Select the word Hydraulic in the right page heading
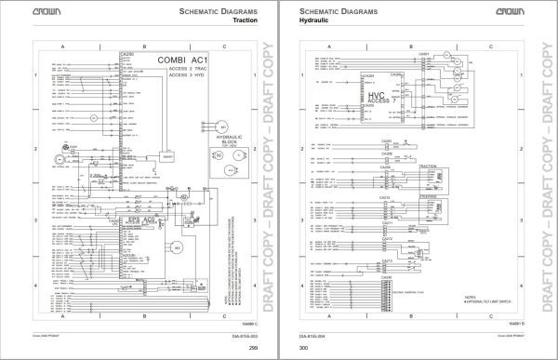tap(314, 19)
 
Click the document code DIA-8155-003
tap(241, 338)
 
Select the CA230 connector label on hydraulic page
tap(385, 277)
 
